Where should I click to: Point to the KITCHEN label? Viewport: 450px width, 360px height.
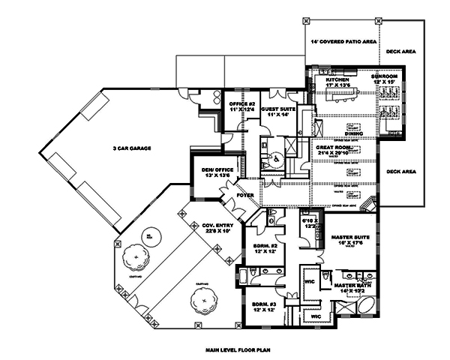click(x=337, y=82)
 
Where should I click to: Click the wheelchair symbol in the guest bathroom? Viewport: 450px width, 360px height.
click(x=276, y=158)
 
